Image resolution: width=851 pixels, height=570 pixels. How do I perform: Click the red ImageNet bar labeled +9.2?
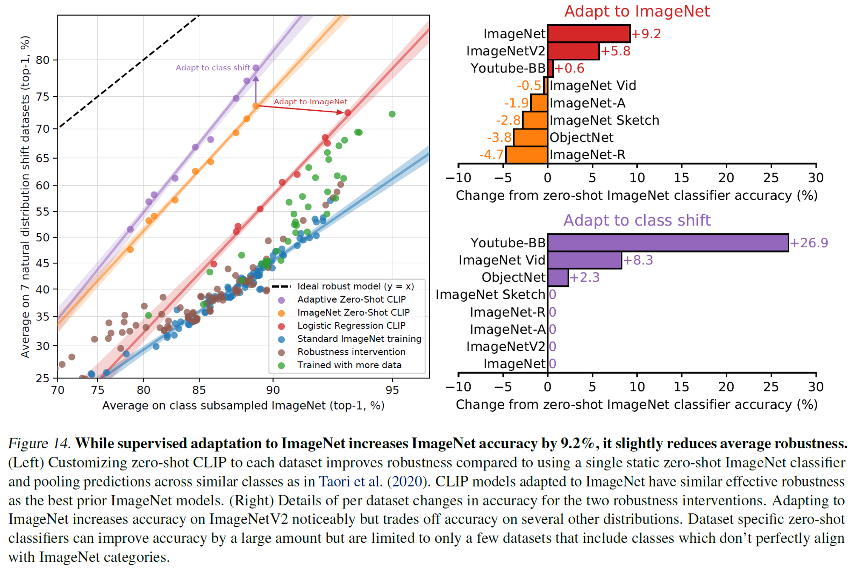click(588, 34)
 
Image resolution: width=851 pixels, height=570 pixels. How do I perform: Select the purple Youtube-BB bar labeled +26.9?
click(668, 243)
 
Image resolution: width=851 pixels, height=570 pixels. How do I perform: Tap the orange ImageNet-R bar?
click(526, 155)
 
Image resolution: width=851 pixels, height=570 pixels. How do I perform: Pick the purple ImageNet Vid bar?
click(584, 260)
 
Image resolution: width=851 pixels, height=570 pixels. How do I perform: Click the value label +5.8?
click(615, 51)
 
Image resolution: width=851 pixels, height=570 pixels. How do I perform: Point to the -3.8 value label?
click(499, 137)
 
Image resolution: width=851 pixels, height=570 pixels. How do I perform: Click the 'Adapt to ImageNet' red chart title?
click(637, 11)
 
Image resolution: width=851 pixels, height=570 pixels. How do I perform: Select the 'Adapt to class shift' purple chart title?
click(637, 220)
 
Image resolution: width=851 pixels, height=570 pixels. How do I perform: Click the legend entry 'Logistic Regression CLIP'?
click(351, 326)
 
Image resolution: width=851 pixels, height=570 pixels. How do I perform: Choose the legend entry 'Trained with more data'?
click(349, 365)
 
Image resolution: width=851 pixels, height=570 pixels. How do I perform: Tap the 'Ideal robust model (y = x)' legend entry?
click(355, 286)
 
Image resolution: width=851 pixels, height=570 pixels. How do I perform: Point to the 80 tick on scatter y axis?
click(43, 60)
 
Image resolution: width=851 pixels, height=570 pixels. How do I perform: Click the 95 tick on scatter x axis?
click(392, 390)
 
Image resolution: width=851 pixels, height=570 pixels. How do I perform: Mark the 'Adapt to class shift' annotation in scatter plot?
click(213, 68)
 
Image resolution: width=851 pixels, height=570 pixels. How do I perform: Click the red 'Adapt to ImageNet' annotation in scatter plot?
click(310, 102)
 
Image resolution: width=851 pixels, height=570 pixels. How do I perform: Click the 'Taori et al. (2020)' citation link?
click(373, 481)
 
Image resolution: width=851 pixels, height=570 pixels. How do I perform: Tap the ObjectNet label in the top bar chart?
click(581, 137)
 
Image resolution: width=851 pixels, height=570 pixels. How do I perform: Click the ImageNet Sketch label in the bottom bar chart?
click(490, 295)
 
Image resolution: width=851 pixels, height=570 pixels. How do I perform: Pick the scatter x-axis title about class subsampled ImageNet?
click(243, 405)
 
